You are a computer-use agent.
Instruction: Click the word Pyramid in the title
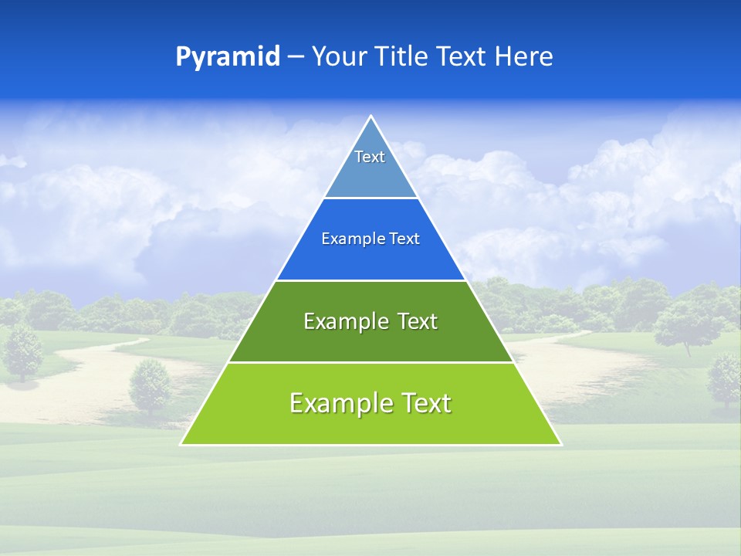coord(228,57)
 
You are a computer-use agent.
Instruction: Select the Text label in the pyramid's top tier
coord(370,157)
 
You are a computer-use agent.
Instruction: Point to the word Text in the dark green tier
coord(418,321)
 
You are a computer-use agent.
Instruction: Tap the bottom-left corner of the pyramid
coord(181,444)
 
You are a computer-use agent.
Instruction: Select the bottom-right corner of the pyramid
coord(560,444)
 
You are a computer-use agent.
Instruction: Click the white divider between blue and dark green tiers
coord(370,280)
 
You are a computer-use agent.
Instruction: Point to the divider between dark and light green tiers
coord(370,362)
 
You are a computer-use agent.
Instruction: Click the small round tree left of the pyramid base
coord(150,385)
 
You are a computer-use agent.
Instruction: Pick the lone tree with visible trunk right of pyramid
coord(683,324)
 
